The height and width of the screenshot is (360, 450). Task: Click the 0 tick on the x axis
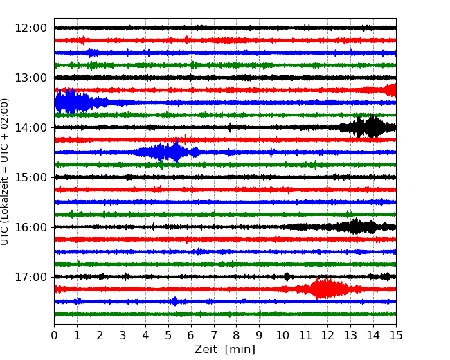[54, 335]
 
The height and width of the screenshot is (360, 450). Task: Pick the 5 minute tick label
[168, 335]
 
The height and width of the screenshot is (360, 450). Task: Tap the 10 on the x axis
[282, 335]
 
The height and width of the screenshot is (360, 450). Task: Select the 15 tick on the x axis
[396, 335]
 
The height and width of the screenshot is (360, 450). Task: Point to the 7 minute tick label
[214, 335]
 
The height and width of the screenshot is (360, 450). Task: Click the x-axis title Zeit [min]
[225, 350]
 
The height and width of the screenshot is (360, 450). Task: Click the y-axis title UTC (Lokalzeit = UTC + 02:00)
[6, 171]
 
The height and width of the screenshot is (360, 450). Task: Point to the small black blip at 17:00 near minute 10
[287, 276]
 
